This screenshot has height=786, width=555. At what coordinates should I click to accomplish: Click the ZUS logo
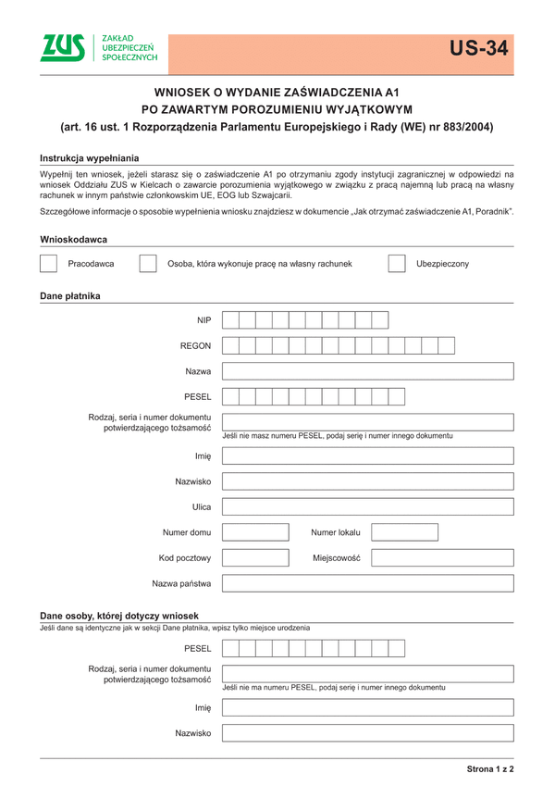coord(99,50)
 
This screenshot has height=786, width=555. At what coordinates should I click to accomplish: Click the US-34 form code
coord(479,49)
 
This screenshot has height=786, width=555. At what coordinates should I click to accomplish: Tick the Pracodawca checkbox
coord(49,264)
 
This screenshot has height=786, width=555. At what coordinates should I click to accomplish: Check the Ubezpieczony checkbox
coord(396,264)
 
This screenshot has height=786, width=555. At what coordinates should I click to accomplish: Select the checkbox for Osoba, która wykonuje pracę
coord(147,264)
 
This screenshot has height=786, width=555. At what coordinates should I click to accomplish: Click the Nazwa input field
coord(367,371)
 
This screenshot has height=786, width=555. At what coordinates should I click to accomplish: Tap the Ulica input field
coord(367,506)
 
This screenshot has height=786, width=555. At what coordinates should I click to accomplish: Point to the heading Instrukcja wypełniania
coord(89,158)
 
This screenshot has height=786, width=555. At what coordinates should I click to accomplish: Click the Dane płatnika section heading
coord(70,296)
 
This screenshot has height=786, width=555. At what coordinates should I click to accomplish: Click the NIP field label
coord(203,320)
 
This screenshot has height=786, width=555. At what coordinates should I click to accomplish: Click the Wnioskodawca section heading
coord(74,240)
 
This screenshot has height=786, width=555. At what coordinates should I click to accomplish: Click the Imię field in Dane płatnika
coord(367,455)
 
